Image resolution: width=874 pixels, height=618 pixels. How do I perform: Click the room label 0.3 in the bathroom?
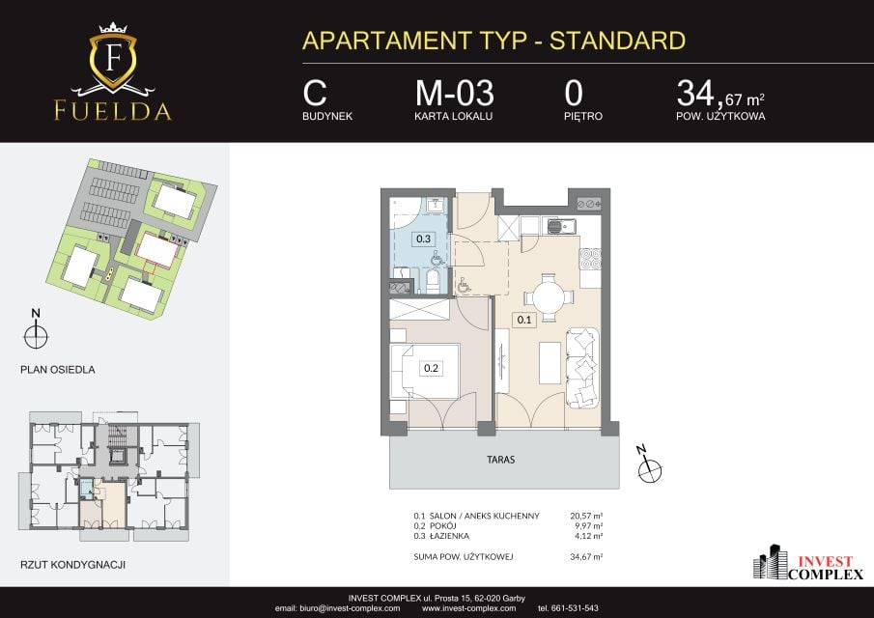coord(424,239)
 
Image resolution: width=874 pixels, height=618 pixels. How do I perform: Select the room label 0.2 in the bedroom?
coord(431,368)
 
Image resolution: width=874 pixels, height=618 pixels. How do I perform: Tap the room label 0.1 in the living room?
coord(524,320)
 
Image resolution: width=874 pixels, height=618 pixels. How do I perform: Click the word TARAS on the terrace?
coord(500,460)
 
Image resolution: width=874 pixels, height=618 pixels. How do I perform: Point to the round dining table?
coord(550,297)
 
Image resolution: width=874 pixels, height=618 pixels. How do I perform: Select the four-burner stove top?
coord(590,259)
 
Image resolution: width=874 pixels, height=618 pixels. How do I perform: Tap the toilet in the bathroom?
coord(433,281)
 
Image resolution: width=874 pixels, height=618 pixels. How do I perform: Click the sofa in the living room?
coord(583,368)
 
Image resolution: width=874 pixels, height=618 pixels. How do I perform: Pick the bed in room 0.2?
coord(425,372)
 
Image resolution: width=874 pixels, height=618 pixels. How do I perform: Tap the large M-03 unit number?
coord(454,93)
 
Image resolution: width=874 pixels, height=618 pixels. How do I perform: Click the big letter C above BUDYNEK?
coord(315,93)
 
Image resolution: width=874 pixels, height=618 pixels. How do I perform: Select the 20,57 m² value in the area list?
coord(586,516)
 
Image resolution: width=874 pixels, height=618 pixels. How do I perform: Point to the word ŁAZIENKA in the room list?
coord(449,536)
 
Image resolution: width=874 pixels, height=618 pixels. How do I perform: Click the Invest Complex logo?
coord(808,563)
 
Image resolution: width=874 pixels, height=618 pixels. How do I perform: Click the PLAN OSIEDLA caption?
coord(57,370)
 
